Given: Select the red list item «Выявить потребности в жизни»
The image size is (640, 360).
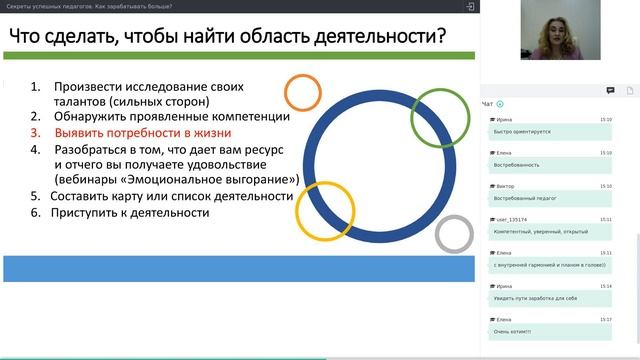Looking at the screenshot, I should pyautogui.click(x=142, y=132).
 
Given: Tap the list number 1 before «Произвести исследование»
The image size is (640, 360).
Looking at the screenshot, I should pyautogui.click(x=35, y=85).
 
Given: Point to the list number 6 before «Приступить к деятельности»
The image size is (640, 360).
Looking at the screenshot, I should pyautogui.click(x=35, y=213).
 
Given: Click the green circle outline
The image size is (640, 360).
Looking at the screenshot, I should pyautogui.click(x=440, y=117).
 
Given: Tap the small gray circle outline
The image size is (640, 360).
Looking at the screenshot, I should pyautogui.click(x=454, y=235).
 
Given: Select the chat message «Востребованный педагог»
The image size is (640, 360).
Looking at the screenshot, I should pyautogui.click(x=522, y=199).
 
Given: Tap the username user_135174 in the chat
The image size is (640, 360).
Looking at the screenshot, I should pyautogui.click(x=512, y=218).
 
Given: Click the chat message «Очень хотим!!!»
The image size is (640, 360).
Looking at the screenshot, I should pyautogui.click(x=514, y=331).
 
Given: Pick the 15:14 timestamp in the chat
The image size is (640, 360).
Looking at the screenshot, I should pyautogui.click(x=606, y=286).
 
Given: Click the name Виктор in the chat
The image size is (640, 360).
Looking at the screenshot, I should pyautogui.click(x=506, y=186).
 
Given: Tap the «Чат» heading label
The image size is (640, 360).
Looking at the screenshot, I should pyautogui.click(x=487, y=103).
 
